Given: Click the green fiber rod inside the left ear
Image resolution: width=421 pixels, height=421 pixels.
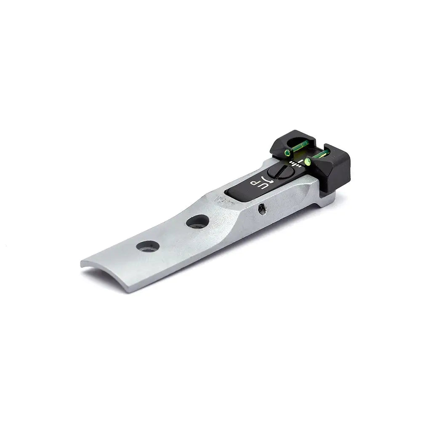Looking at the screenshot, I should click(300, 146).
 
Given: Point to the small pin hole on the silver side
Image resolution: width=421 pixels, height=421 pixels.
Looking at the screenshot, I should click(262, 209).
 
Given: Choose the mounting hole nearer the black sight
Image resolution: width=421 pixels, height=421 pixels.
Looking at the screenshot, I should click(197, 221).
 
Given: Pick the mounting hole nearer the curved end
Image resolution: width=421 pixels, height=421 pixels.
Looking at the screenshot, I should click(148, 246).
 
